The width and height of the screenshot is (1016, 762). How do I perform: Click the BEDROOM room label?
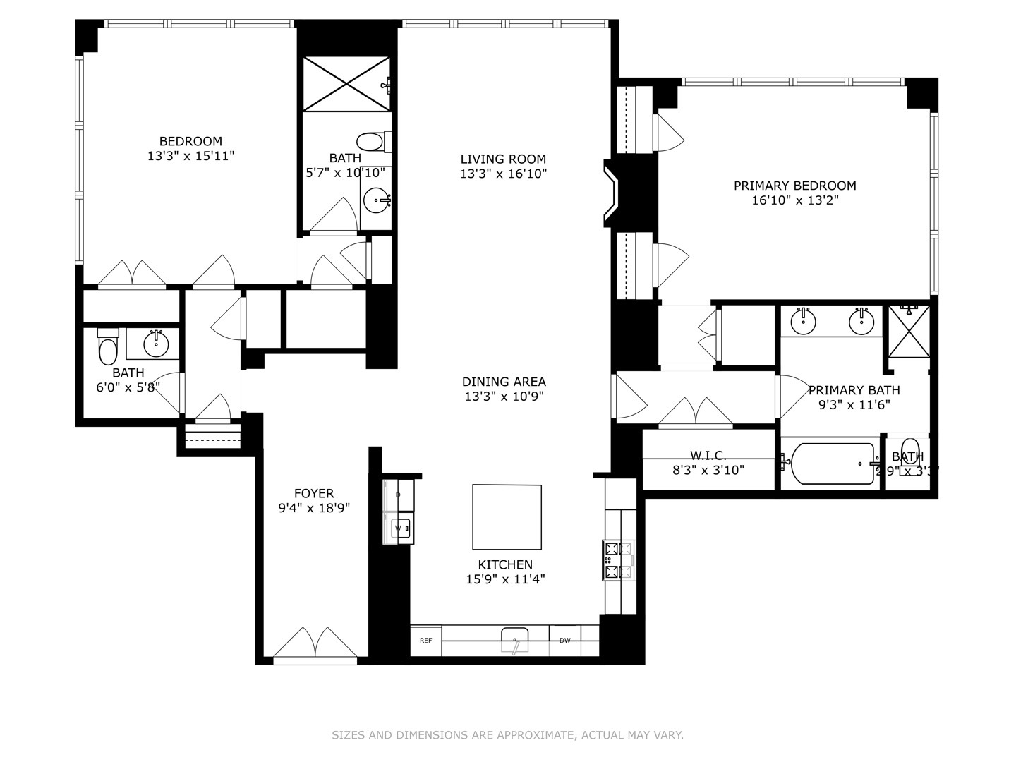click(x=190, y=141)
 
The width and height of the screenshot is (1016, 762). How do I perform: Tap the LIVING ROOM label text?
click(x=503, y=159)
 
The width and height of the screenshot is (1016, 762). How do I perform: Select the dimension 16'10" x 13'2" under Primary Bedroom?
click(x=794, y=200)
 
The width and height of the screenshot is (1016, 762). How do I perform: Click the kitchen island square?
click(x=507, y=517)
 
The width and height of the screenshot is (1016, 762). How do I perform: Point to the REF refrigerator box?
click(x=425, y=641)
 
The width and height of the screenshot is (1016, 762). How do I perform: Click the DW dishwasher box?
click(x=564, y=641)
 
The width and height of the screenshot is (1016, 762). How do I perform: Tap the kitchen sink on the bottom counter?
click(x=515, y=640)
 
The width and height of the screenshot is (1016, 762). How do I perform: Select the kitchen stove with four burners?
click(x=611, y=561)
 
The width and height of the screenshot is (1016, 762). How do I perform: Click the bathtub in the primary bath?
click(x=833, y=464)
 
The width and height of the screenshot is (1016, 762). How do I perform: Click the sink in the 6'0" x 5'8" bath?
click(x=156, y=344)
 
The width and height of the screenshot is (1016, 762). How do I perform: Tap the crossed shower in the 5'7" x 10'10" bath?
click(x=346, y=84)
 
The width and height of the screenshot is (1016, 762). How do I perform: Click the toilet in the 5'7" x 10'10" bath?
click(x=370, y=141)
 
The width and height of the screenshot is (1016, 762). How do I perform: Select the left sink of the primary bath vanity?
click(x=803, y=321)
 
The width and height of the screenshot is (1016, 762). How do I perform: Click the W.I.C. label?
click(x=708, y=456)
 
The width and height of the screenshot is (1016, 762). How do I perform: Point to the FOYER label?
click(x=314, y=493)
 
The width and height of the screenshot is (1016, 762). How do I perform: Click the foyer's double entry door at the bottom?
click(x=315, y=645)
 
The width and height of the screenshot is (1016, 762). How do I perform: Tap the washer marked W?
click(x=399, y=528)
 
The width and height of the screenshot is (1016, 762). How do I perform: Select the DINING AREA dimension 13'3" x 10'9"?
click(x=504, y=397)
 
